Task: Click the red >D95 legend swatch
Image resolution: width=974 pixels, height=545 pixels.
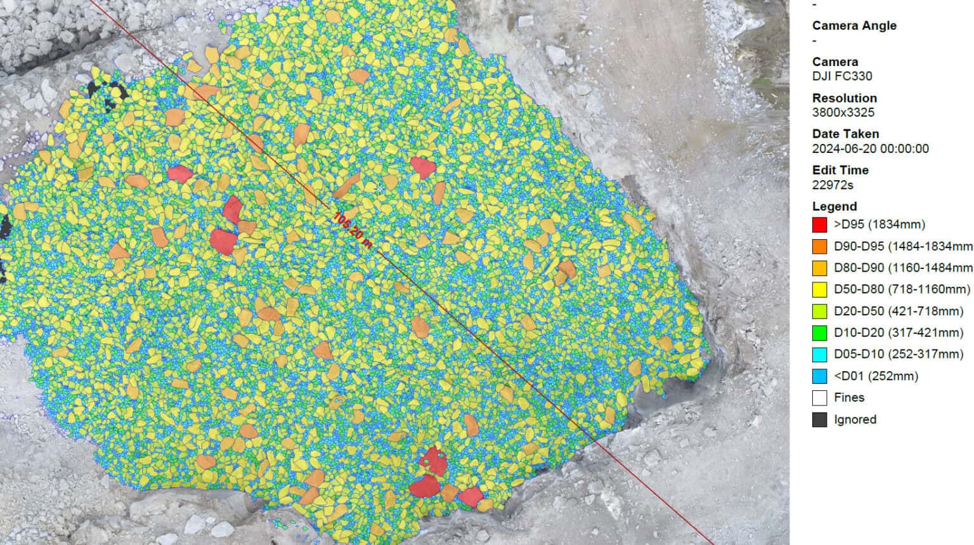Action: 819,225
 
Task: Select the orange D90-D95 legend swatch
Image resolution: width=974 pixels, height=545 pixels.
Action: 819,246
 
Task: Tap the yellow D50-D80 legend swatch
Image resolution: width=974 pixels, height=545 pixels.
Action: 819,289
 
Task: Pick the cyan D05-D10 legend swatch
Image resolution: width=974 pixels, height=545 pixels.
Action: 819,354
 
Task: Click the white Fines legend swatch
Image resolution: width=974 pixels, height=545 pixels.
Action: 819,398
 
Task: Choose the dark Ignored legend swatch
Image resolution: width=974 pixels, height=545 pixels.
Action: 819,419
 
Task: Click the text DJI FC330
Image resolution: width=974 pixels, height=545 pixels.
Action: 841,76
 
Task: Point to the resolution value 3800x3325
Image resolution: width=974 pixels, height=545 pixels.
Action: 843,112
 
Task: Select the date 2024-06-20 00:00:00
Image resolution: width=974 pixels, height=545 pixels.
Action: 870,148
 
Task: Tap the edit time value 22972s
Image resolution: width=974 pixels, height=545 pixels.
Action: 833,185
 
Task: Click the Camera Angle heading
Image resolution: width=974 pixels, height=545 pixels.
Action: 854,25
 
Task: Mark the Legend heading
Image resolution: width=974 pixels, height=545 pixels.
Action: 834,206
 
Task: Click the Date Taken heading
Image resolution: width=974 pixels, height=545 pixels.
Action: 845,134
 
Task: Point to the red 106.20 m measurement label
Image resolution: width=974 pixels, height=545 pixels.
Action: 353,230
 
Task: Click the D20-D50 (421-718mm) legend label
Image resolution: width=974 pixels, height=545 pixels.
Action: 898,311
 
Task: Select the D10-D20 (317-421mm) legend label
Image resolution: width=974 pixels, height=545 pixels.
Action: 898,332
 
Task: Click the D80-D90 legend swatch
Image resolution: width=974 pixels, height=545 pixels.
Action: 819,268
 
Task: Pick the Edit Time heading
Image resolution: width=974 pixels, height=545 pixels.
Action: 840,170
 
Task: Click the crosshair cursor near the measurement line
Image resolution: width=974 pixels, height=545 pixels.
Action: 380,188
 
